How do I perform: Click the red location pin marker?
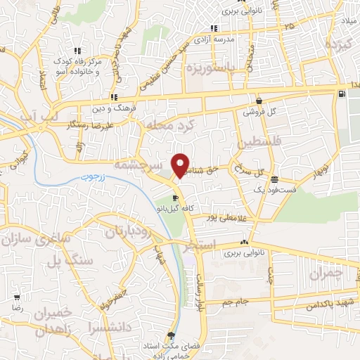point(181,165)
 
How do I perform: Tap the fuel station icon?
point(341,93)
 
